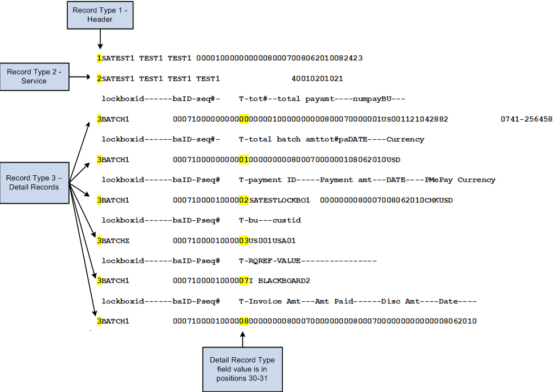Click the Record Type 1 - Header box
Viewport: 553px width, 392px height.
[x=100, y=15]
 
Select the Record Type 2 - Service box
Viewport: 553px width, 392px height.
[x=34, y=76]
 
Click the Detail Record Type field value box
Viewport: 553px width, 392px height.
[x=242, y=369]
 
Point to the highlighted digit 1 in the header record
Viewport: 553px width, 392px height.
[x=99, y=58]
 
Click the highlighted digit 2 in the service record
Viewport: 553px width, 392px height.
[x=99, y=78]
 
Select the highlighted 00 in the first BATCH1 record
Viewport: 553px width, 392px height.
[x=244, y=119]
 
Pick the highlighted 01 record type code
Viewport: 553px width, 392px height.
[x=244, y=159]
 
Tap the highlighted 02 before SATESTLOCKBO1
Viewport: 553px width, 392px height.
[x=244, y=200]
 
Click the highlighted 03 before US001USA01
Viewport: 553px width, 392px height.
[x=244, y=241]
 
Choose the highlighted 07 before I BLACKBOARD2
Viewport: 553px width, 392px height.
[x=244, y=281]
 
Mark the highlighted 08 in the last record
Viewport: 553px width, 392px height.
[x=244, y=321]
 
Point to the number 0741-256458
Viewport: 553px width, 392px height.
[x=526, y=119]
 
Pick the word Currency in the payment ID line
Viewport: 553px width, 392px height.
[x=476, y=180]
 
